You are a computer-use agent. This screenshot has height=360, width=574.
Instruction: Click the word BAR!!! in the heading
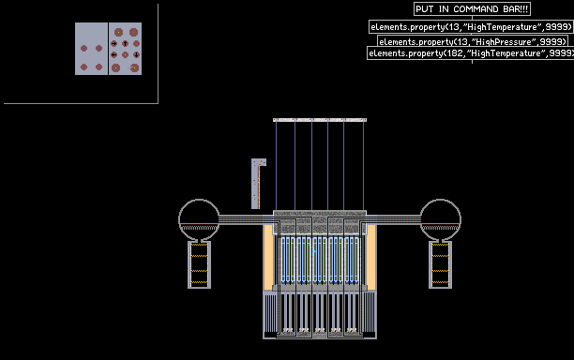pos(516,9)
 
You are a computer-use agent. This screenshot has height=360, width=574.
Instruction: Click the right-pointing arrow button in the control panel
pos(114,43)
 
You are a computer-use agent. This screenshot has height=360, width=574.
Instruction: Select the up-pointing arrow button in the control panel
pos(125,43)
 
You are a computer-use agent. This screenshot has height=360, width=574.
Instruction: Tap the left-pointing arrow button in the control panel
pos(114,55)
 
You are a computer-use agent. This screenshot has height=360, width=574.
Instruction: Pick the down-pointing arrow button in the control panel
pos(137,55)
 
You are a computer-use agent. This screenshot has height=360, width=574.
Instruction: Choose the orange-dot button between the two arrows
pos(125,55)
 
